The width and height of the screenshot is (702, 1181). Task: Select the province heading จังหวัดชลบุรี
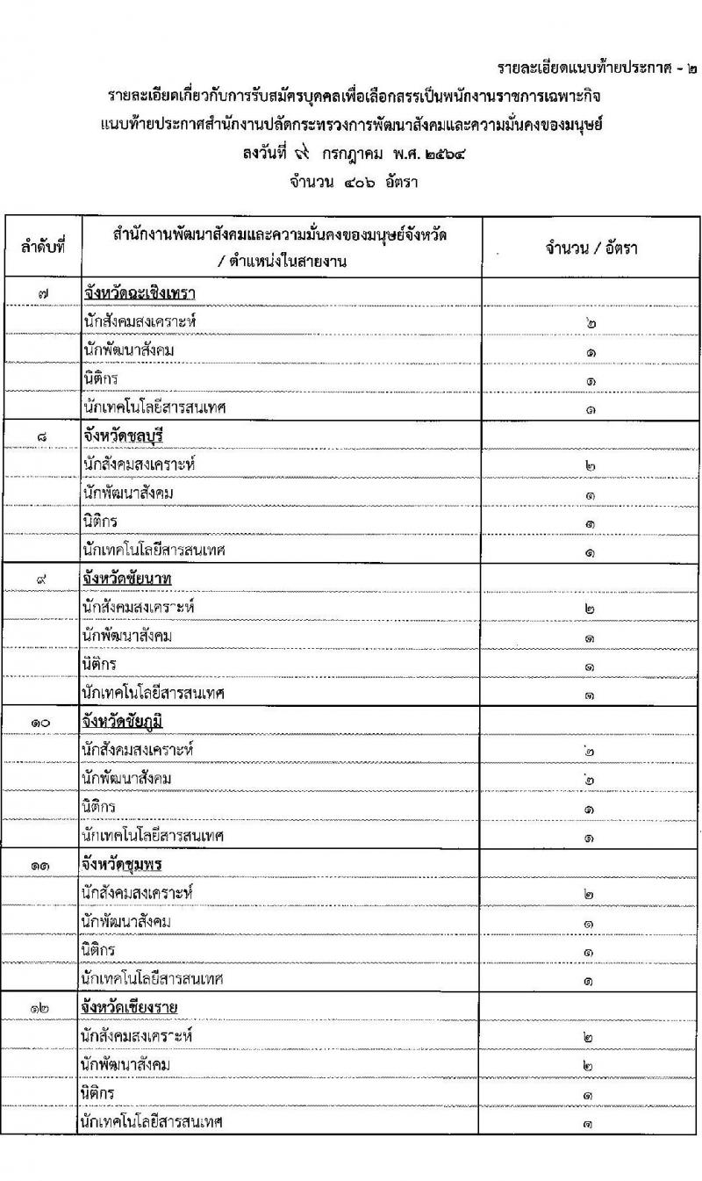coord(126,436)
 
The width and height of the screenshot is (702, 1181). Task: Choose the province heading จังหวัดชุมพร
coord(125,864)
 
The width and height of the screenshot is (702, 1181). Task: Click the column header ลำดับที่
coord(44,248)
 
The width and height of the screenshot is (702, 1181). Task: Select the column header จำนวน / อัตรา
coord(591,248)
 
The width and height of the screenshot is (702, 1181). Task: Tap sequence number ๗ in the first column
coord(42,292)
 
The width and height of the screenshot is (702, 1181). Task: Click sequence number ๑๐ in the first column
coord(42,721)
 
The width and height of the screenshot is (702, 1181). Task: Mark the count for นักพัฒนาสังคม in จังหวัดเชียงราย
coord(590,1064)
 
